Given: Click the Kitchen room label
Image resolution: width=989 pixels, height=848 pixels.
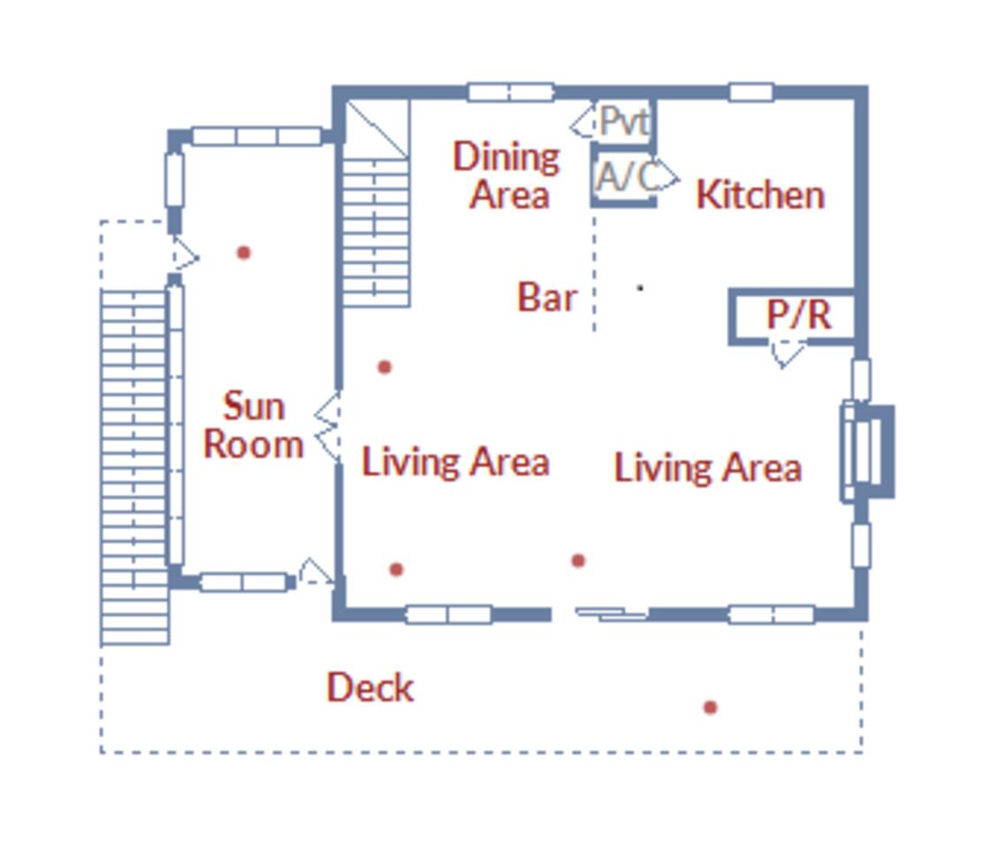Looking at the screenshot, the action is [x=760, y=194].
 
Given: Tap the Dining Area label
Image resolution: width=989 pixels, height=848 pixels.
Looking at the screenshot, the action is [x=506, y=175].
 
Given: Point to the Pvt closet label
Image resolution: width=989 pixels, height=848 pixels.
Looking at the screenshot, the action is [x=624, y=121].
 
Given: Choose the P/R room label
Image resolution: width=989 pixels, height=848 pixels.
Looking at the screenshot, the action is [x=798, y=314].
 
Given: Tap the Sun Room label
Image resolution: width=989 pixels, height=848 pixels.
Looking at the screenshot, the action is [x=254, y=425].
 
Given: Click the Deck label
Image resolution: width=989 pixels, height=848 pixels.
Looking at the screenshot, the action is [x=370, y=686].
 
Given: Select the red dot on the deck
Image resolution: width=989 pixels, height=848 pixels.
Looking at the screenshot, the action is [x=711, y=708].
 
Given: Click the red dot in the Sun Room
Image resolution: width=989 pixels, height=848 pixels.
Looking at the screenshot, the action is [x=244, y=253].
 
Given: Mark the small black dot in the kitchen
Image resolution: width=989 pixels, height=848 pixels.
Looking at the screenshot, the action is [x=640, y=288].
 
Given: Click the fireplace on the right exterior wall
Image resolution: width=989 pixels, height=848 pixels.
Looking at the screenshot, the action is [x=868, y=452].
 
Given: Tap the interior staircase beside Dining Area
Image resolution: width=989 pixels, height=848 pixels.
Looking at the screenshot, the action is [x=377, y=203].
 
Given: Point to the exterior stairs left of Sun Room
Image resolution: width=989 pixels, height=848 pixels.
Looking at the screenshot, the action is [x=135, y=467].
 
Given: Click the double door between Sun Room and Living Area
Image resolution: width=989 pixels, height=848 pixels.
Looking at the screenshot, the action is [x=328, y=426].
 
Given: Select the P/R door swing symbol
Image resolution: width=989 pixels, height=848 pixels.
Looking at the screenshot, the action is [x=787, y=353].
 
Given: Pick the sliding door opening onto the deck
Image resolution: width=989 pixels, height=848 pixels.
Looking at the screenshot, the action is [x=612, y=613].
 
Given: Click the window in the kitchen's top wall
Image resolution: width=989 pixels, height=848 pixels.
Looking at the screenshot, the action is [x=751, y=92].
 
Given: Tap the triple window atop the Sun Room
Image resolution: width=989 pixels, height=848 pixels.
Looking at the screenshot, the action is [x=256, y=136].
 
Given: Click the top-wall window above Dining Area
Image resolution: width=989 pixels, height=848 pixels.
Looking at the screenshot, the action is [x=511, y=92].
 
